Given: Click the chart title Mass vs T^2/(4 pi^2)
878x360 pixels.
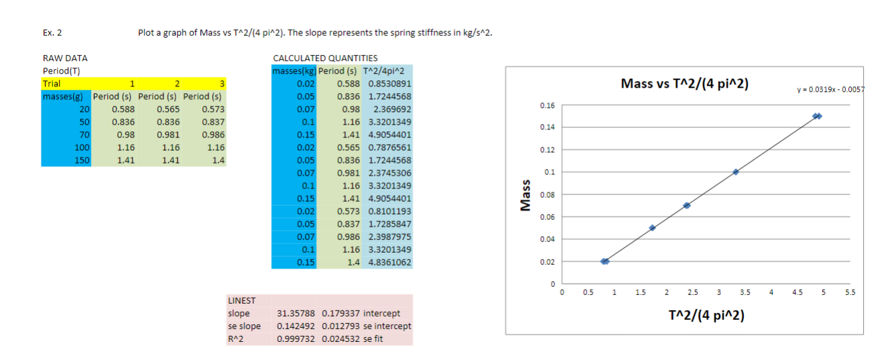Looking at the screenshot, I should pyautogui.click(x=684, y=84).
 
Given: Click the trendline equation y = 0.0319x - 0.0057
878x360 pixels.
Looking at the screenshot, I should pyautogui.click(x=834, y=89).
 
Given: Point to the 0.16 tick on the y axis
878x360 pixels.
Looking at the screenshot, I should pyautogui.click(x=547, y=105).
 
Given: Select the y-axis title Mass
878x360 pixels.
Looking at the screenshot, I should pyautogui.click(x=526, y=194).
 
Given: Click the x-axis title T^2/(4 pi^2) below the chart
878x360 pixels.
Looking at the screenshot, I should pyautogui.click(x=705, y=315).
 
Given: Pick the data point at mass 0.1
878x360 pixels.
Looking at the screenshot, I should pyautogui.click(x=736, y=172).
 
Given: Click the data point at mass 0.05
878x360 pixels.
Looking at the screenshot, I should pyautogui.click(x=652, y=228).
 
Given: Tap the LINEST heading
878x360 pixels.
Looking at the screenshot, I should pyautogui.click(x=241, y=300).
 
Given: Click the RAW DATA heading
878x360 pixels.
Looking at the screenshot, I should pyautogui.click(x=65, y=58).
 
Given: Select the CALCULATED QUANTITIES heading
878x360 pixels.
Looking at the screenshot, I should pyautogui.click(x=325, y=58).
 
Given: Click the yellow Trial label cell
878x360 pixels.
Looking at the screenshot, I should pyautogui.click(x=52, y=84).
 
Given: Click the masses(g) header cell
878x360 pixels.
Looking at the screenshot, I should pyautogui.click(x=66, y=97).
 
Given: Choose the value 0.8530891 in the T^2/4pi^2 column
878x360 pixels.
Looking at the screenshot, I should pyautogui.click(x=386, y=84).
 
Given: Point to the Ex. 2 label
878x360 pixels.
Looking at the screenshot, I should pyautogui.click(x=52, y=32).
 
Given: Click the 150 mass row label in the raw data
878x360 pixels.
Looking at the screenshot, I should pyautogui.click(x=82, y=160).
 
